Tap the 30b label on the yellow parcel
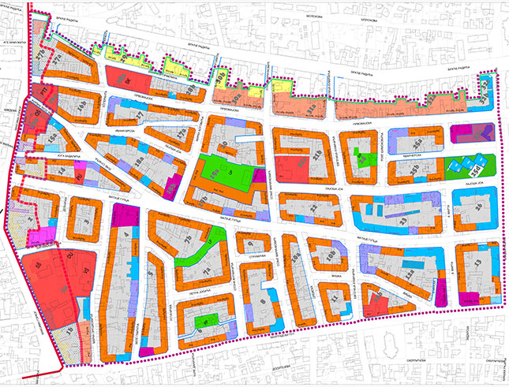point(222,77)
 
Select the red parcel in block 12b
point(378,303)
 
